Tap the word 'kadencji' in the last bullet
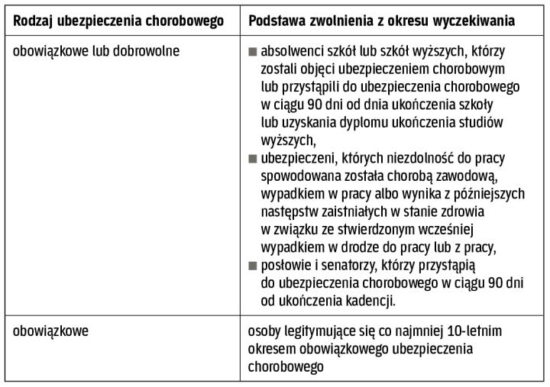[x=370, y=301]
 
